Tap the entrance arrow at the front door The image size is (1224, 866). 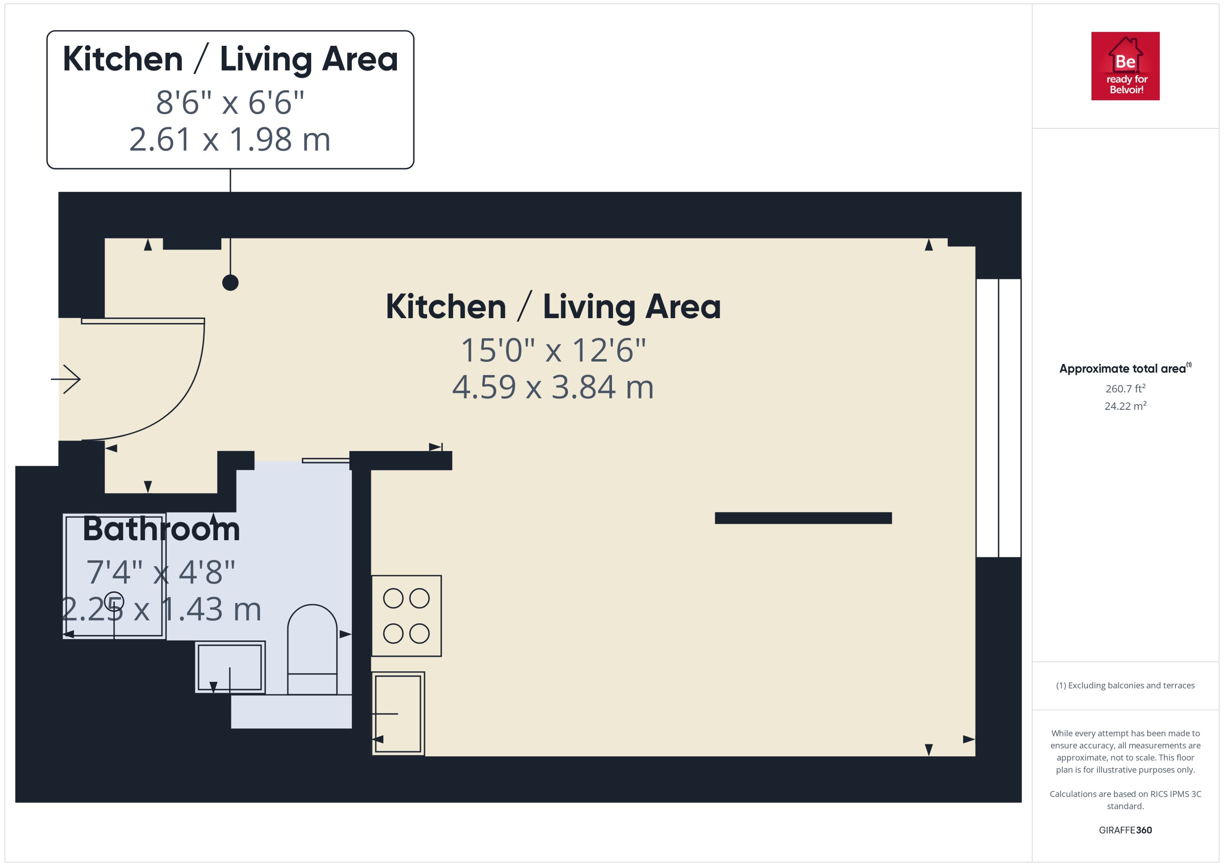tap(66, 379)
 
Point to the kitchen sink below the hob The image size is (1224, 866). tap(398, 714)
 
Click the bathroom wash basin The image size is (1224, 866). tap(230, 667)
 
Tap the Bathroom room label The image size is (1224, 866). tap(161, 530)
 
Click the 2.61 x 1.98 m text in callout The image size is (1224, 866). tap(230, 140)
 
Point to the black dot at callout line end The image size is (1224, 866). tap(230, 282)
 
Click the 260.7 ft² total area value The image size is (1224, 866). tap(1125, 389)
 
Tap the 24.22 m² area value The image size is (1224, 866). tap(1125, 406)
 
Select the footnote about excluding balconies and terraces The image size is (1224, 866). tap(1125, 686)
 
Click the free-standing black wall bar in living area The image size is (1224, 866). tap(803, 518)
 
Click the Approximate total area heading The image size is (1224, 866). tap(1122, 369)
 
